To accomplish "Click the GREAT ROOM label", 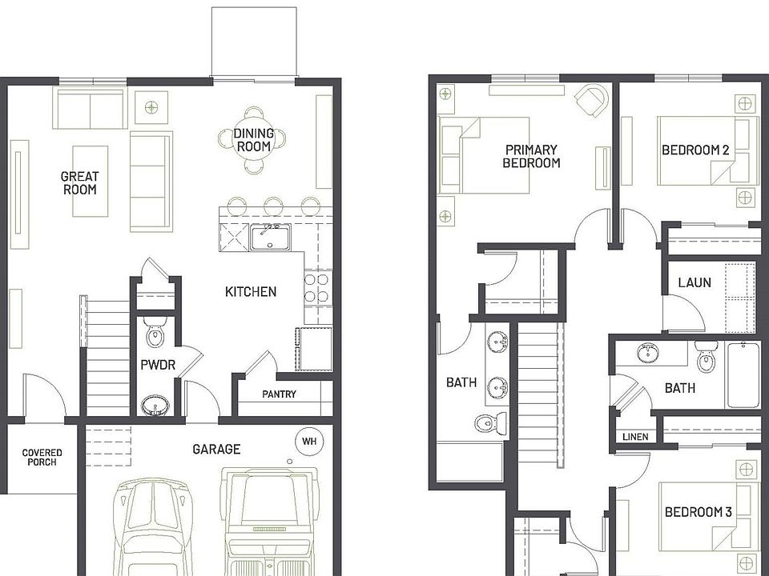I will pos(80,182).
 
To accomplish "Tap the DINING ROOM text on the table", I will pos(254,140).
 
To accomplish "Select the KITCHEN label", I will pos(251,292).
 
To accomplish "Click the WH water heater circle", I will pos(309,440).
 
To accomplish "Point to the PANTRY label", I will pos(279,394).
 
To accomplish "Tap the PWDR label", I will pos(157,366).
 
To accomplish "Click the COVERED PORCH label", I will pos(42,458).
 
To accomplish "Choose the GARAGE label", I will pos(215,450).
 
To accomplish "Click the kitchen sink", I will pos(270,237).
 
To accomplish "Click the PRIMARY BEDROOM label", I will pos(531,156).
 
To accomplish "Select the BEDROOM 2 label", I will pos(695,150).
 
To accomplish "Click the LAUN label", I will pos(694,282).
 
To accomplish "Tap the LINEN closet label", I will pos(635,437).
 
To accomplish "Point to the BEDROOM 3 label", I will pos(697,512).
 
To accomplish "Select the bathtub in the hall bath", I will pos(742,374).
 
